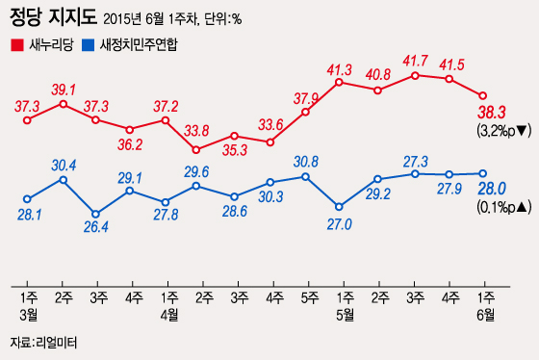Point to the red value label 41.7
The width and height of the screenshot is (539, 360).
coord(416,60)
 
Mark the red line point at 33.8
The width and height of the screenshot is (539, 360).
coord(196,149)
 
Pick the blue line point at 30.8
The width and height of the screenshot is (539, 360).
coord(305,176)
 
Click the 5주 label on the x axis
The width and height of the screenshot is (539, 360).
coord(305,294)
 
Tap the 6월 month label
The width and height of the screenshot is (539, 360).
coord(485,313)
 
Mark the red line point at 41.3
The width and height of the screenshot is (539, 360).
coord(340,83)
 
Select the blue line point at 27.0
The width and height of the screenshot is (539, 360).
coord(340,206)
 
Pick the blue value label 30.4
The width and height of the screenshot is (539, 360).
coord(64,164)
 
